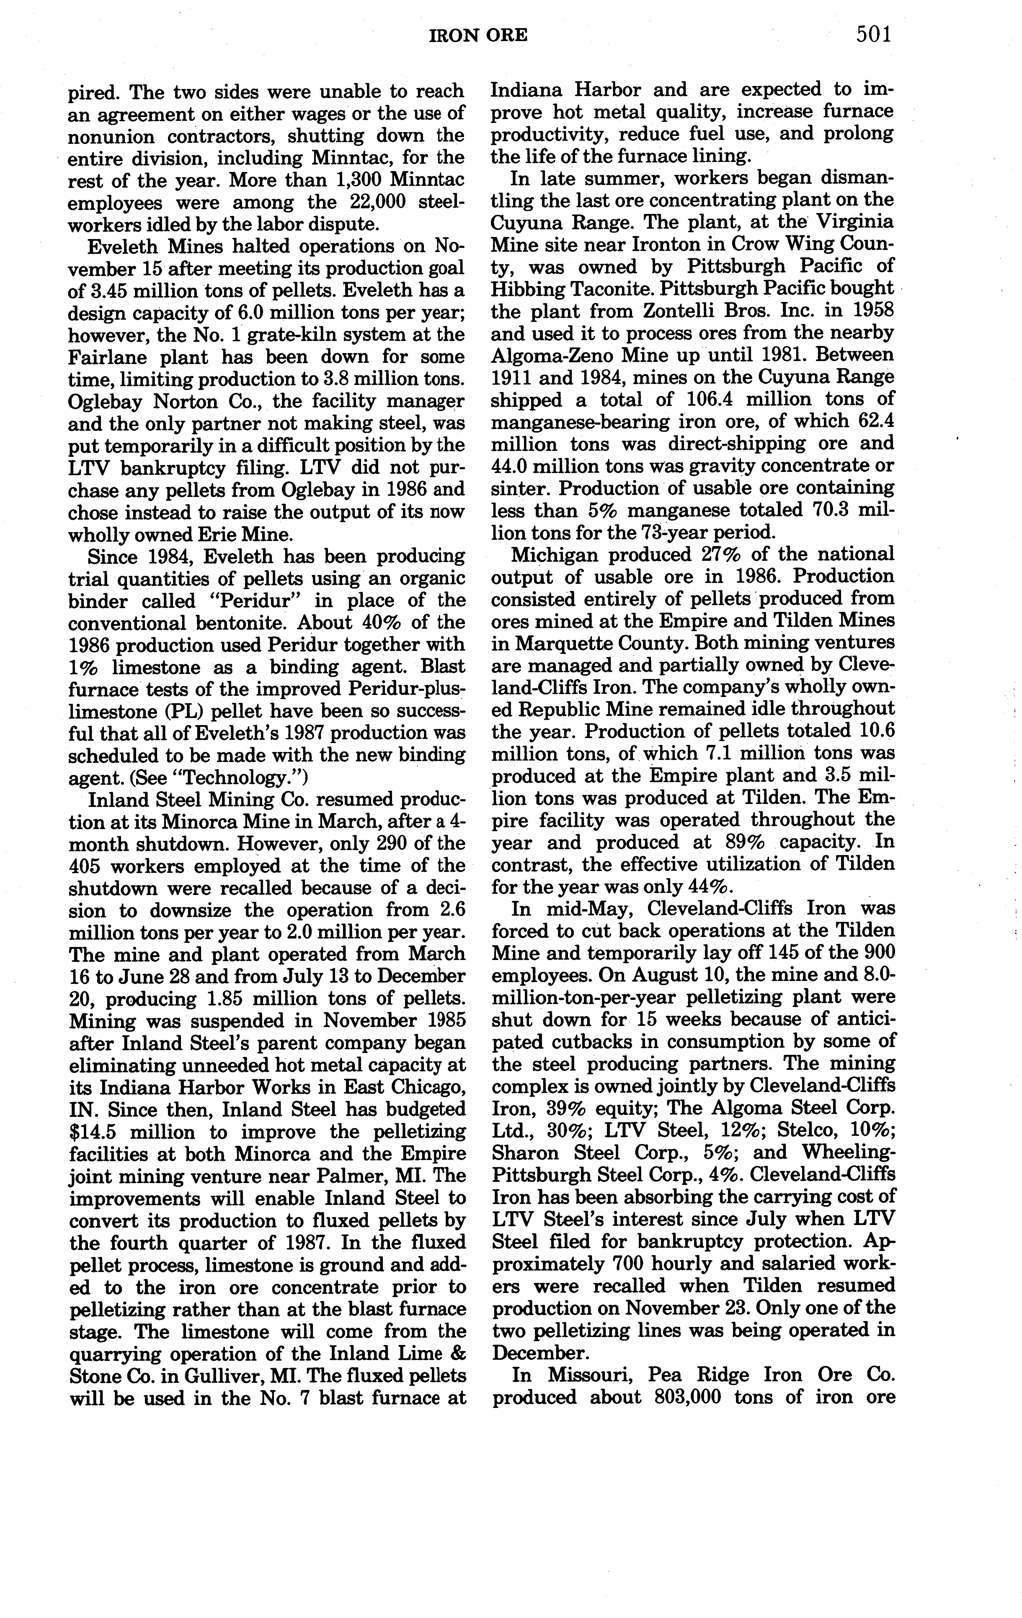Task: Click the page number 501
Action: [873, 34]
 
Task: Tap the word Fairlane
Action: [110, 357]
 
